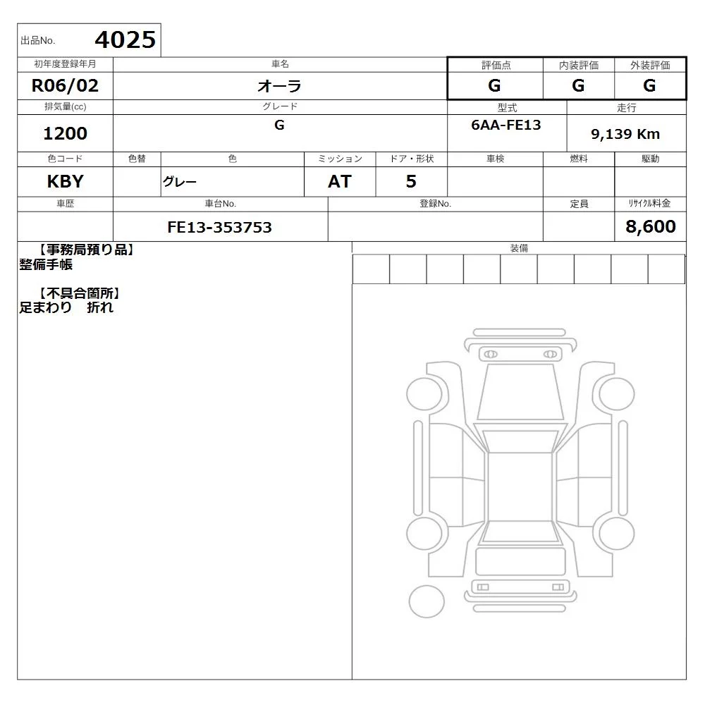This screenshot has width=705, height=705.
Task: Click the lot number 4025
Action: pyautogui.click(x=125, y=39)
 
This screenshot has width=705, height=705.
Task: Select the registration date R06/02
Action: pyautogui.click(x=65, y=85)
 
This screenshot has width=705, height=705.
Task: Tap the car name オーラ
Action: pyautogui.click(x=279, y=86)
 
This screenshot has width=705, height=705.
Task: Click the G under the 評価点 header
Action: pyautogui.click(x=495, y=85)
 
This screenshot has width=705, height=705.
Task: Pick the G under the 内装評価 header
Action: pyautogui.click(x=578, y=85)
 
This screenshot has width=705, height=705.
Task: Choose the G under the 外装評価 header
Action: pyautogui.click(x=649, y=85)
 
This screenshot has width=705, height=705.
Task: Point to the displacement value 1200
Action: pyautogui.click(x=65, y=133)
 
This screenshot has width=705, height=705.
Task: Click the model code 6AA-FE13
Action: pyautogui.click(x=506, y=125)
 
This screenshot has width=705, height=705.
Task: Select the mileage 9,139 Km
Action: pyautogui.click(x=625, y=134)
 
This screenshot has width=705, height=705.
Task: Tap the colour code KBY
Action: pyautogui.click(x=65, y=182)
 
